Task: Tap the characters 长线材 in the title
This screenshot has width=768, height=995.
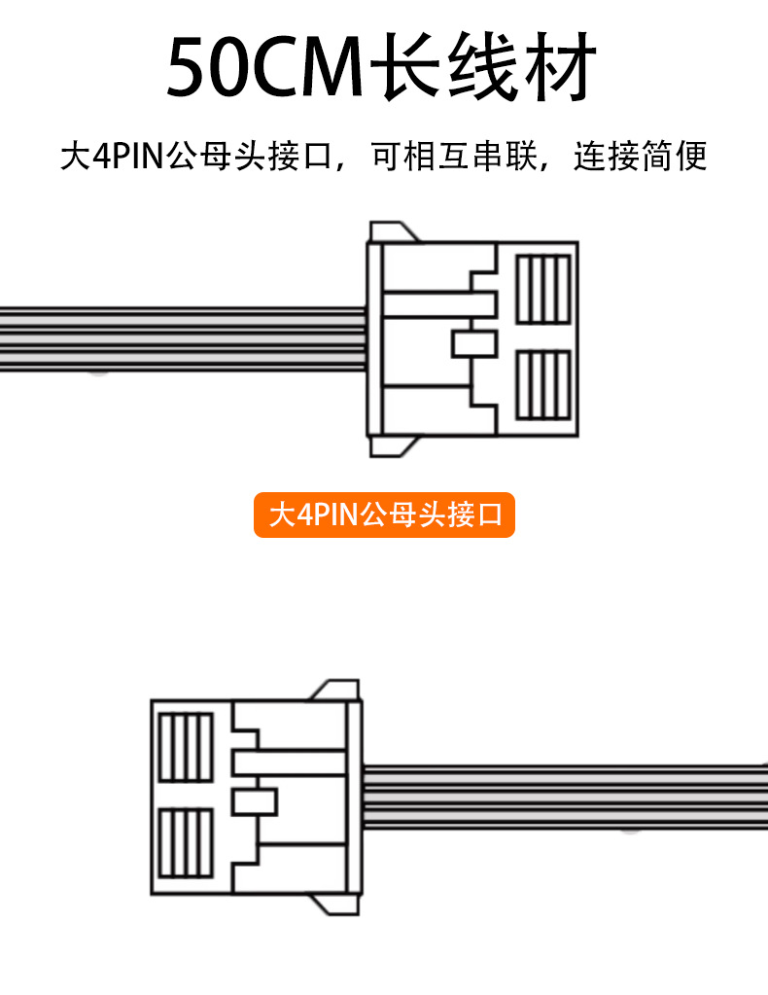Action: [x=486, y=68]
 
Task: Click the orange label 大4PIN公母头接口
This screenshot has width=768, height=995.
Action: [x=384, y=515]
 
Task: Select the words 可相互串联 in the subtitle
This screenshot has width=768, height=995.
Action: [x=454, y=156]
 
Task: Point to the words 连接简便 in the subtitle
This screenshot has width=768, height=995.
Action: [x=640, y=156]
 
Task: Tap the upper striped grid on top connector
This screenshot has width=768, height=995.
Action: [x=542, y=288]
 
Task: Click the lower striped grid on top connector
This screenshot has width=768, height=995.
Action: [x=542, y=385]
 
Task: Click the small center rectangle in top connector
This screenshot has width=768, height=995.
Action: [x=474, y=343]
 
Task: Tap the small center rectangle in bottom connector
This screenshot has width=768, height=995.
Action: [x=255, y=802]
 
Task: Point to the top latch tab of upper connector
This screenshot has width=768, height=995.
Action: [x=393, y=231]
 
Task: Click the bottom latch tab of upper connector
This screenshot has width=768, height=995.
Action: [x=393, y=446]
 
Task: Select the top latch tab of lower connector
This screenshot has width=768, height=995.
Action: [x=335, y=690]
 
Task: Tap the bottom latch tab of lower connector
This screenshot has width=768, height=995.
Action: [x=335, y=906]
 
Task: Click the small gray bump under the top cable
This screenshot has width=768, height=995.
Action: [x=96, y=372]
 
